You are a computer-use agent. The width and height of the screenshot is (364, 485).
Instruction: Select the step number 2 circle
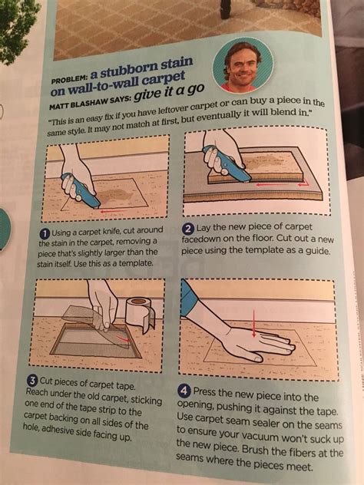pyautogui.click(x=187, y=228)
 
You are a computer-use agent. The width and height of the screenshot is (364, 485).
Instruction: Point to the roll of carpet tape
pyautogui.click(x=139, y=313)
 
